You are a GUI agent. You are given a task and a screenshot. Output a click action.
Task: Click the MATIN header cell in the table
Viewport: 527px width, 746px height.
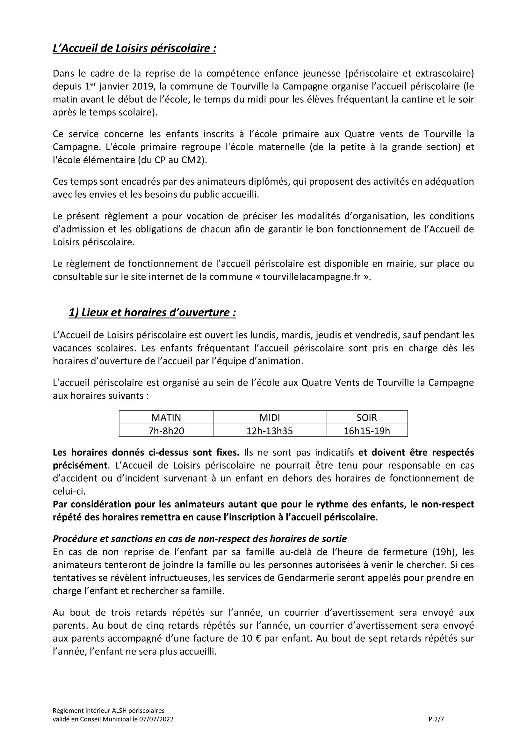[x=166, y=417]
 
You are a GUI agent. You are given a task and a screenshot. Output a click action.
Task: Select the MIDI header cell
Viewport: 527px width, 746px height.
[x=269, y=417]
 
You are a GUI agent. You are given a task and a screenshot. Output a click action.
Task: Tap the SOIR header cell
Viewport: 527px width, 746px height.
[x=367, y=417]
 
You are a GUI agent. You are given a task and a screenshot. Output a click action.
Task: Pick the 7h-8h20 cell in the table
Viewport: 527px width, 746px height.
[x=166, y=431]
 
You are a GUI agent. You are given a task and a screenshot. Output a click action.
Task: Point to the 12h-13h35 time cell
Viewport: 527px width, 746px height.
[x=269, y=431]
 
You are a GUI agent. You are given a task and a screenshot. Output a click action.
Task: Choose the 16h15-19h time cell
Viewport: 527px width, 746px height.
[x=367, y=431]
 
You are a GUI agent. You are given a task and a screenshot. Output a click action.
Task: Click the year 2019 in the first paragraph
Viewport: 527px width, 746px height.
[x=143, y=87]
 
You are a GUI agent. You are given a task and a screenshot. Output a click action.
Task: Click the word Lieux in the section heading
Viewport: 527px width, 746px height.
[x=95, y=313]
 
